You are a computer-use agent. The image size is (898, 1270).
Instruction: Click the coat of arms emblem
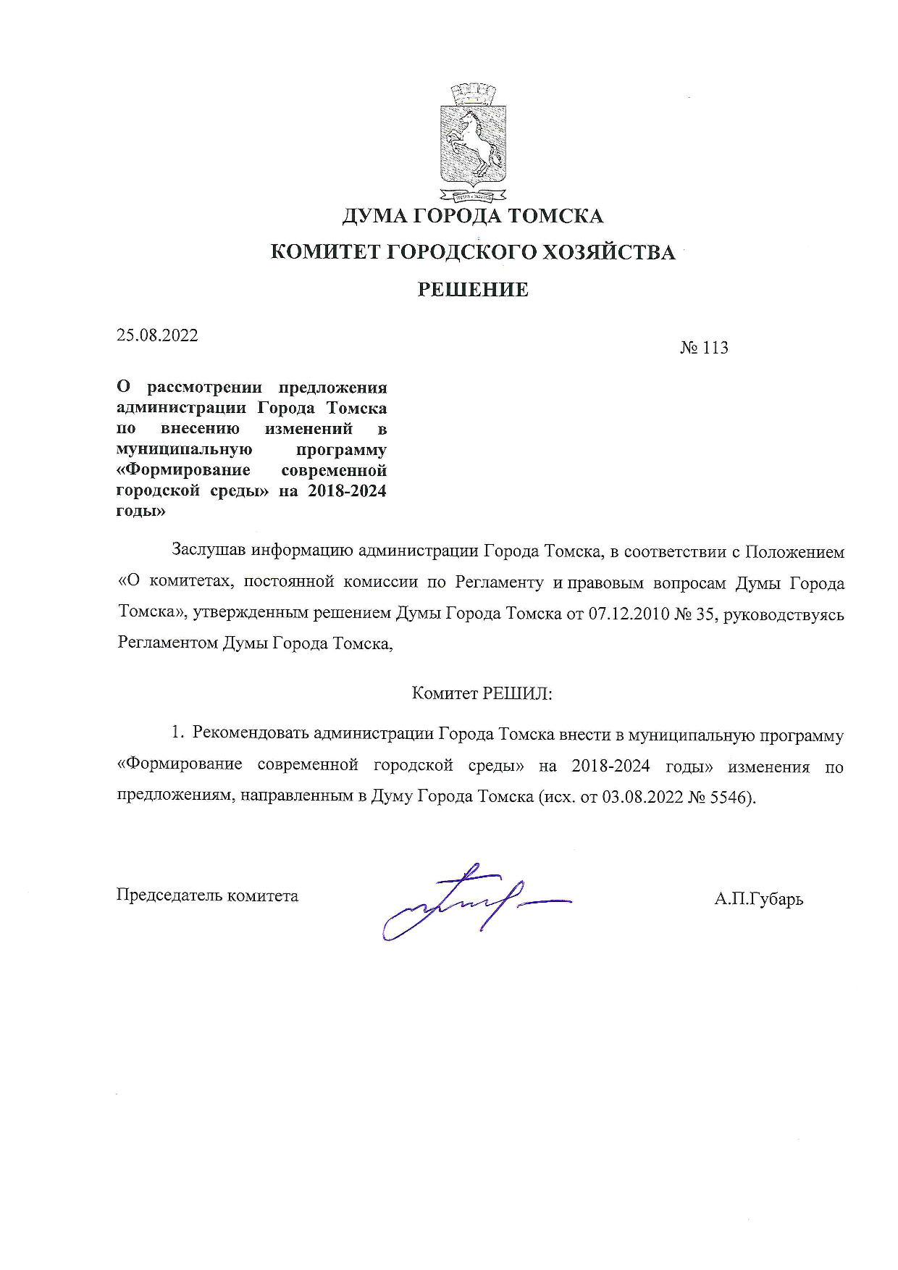473,142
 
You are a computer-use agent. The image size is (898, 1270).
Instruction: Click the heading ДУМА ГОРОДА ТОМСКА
472,216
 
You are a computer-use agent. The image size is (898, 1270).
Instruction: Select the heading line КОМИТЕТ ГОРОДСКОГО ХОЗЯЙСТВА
472,252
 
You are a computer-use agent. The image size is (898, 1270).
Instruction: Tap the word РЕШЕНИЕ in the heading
473,290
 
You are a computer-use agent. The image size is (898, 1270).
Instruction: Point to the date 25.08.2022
157,335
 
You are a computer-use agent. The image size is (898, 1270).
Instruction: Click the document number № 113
703,348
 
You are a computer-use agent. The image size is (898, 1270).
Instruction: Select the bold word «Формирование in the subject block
183,470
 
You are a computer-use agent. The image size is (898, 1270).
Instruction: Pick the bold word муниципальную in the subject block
179,449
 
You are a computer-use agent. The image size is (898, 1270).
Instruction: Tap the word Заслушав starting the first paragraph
209,551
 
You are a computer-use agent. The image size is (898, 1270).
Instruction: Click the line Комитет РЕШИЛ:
482,693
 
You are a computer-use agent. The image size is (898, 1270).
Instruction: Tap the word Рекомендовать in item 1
251,735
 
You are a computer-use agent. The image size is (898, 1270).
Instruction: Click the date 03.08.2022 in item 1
642,797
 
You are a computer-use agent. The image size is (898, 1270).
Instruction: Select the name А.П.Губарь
758,900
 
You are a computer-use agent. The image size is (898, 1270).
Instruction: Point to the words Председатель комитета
208,895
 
